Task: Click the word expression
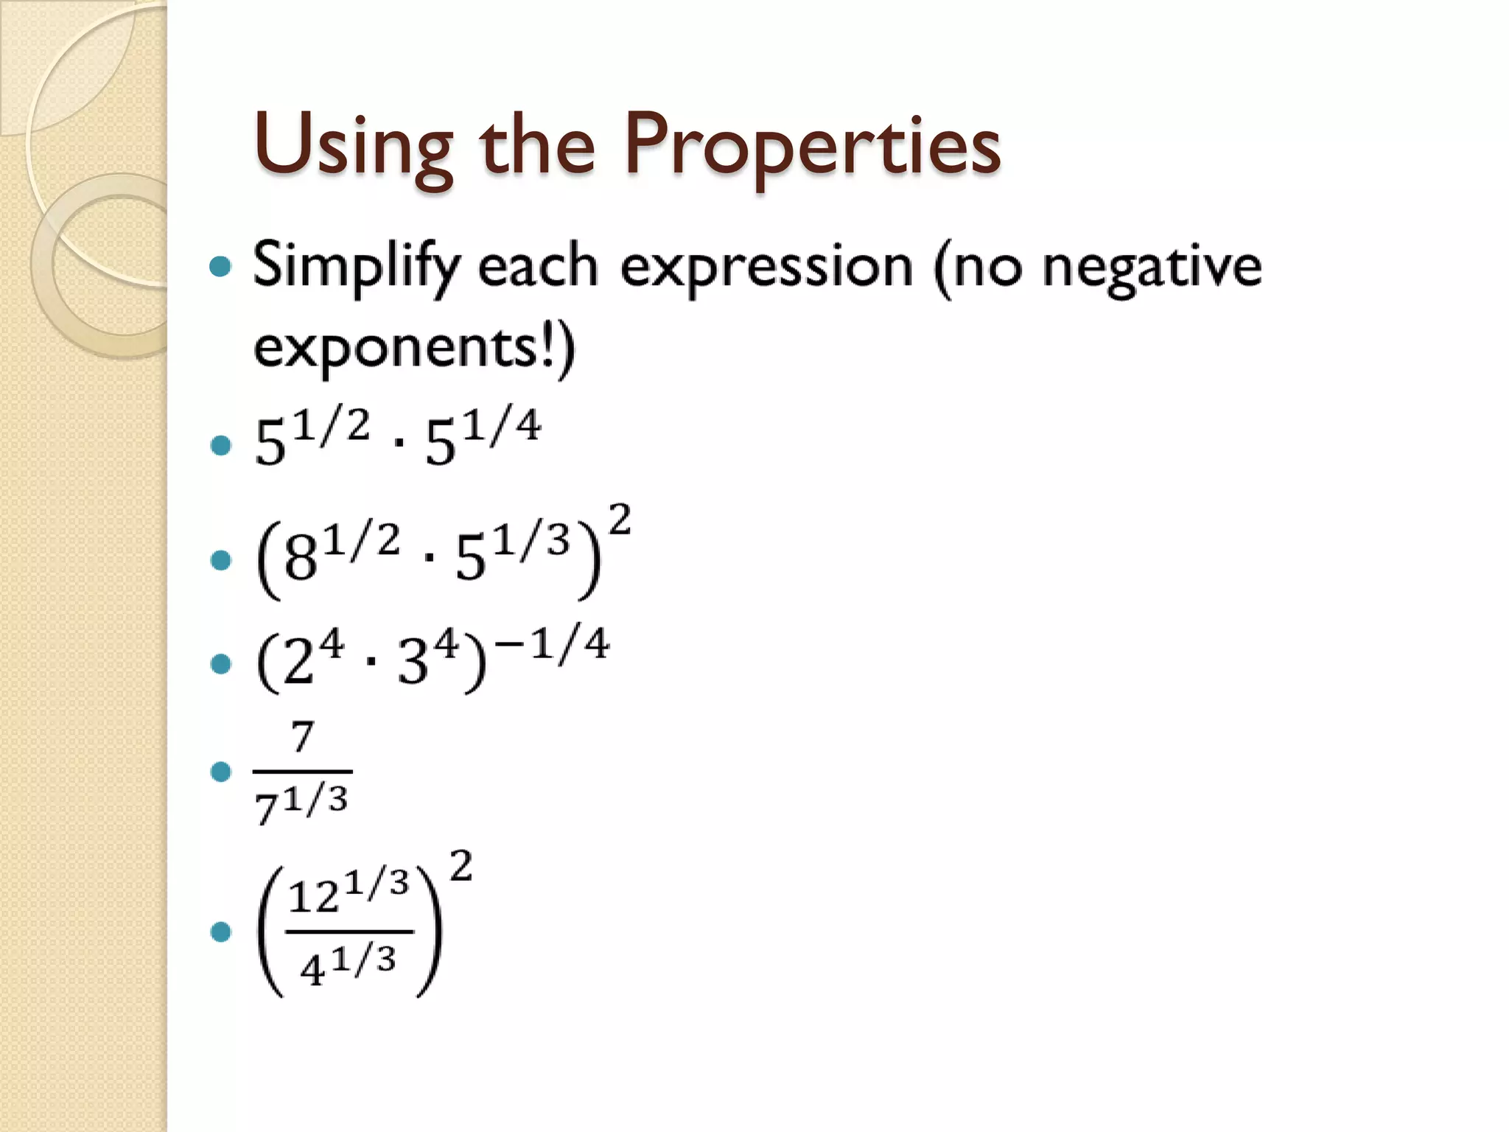[x=766, y=267]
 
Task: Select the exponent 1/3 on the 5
[x=532, y=541]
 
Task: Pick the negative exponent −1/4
[x=553, y=644]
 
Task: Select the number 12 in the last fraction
[x=314, y=898]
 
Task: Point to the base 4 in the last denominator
[x=312, y=970]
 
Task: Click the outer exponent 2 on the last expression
[x=461, y=867]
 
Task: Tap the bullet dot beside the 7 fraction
[x=220, y=772]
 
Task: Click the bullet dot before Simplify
[x=220, y=266]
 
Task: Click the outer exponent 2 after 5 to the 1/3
[x=620, y=520]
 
